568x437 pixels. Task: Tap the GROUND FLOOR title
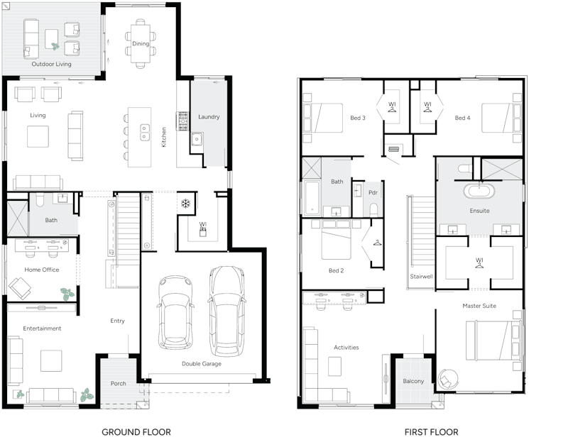136,431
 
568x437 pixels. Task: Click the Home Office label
42,270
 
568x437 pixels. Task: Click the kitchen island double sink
145,131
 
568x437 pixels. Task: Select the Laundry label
209,116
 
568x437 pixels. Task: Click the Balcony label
413,381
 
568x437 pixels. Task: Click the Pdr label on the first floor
372,192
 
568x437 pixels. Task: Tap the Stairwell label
421,276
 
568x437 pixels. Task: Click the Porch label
118,384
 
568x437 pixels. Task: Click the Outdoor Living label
50,64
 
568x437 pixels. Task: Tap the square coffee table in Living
38,134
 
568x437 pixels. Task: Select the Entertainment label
42,328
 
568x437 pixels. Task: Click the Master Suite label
480,306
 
